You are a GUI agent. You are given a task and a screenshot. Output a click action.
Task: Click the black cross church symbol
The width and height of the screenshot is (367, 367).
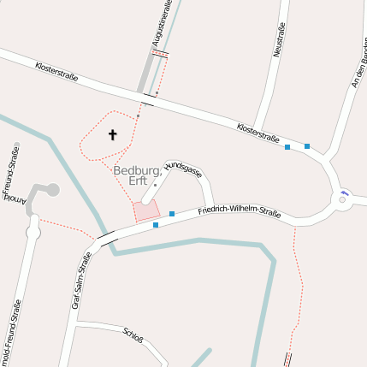[x=112, y=134]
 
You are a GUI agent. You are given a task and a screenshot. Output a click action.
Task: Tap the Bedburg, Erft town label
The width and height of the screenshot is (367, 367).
[x=137, y=175]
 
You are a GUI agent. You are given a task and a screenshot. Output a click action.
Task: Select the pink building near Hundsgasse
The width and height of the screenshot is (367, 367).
[x=146, y=210]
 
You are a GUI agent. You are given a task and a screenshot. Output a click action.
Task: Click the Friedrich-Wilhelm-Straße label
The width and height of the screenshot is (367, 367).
[x=240, y=210]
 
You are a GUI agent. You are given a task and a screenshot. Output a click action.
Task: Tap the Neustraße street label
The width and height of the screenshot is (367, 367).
[x=278, y=39]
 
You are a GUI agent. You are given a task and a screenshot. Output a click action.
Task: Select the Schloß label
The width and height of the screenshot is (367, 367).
[x=133, y=334]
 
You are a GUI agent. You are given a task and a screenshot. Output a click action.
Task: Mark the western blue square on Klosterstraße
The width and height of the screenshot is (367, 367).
[x=287, y=147]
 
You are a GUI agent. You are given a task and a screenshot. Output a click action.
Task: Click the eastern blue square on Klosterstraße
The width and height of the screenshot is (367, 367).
[x=307, y=146]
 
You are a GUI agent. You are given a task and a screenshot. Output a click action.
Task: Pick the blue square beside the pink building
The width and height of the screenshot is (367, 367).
[x=172, y=213]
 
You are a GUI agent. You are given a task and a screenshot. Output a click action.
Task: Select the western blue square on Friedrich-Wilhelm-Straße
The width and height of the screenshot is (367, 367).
[x=156, y=225]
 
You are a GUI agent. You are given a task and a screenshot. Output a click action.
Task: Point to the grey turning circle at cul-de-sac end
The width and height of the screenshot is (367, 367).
[x=52, y=189]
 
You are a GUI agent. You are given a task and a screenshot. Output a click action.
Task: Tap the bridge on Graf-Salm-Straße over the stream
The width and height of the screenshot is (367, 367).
[x=106, y=237]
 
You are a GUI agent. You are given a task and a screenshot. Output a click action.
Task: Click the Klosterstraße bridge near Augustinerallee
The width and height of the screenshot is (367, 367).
[x=148, y=99]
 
